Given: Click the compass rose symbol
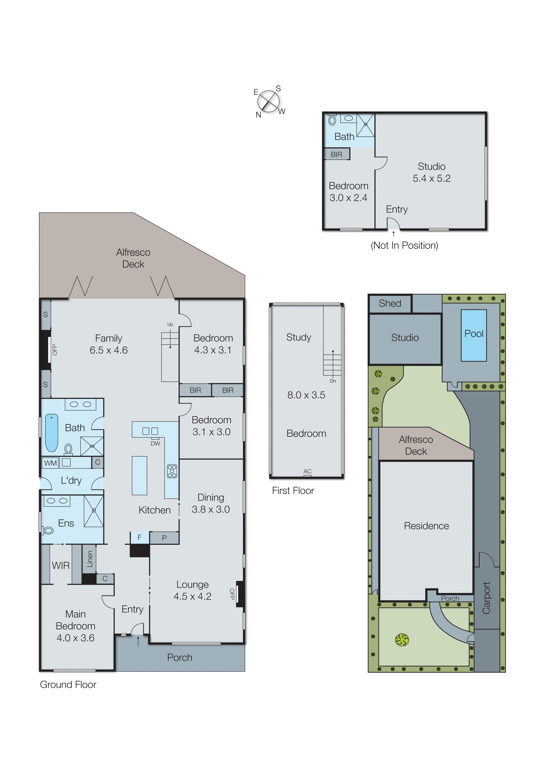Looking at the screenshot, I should coord(268,101).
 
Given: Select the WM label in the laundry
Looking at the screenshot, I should coord(50,463).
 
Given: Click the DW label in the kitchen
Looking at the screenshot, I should coord(155,444).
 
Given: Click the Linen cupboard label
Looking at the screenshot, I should coord(89,559).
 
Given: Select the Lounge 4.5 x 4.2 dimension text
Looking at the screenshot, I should coord(192,596).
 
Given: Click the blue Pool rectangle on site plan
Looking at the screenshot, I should coord(474,335).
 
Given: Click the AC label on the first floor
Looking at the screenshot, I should coord(307,471).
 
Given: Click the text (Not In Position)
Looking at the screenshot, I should coord(404,245).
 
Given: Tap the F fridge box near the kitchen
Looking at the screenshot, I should coord(139,537).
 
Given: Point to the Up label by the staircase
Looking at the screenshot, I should coord(170,324).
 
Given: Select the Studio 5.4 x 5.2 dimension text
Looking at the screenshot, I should coord(432,178).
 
